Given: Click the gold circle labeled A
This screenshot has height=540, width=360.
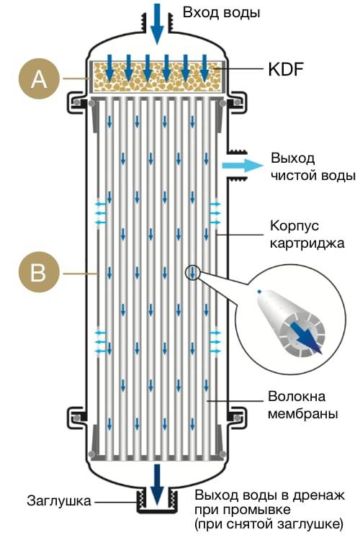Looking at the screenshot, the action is (39, 79).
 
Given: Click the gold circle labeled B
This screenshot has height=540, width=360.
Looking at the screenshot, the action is (39, 273).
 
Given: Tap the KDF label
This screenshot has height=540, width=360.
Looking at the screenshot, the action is (286, 69).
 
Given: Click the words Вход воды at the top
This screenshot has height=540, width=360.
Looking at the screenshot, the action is (221, 13).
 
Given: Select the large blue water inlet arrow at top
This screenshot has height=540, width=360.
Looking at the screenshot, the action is (157, 24).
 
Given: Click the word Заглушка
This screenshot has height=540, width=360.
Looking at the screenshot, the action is (59, 500).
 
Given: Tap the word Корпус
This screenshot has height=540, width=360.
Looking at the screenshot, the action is (294, 226).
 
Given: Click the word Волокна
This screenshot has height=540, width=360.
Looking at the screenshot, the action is (297, 397).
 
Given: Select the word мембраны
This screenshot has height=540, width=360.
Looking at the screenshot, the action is (303, 413).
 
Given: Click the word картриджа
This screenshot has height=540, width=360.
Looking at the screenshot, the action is (307, 243).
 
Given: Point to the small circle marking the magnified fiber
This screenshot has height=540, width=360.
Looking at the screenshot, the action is (192, 273).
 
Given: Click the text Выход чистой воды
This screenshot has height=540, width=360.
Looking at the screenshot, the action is (312, 167).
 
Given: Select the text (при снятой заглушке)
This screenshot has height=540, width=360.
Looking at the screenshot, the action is (269, 524).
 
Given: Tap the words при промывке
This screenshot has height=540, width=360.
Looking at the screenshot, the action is (243, 510).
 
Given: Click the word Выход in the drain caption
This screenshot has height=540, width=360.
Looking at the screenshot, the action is (216, 495).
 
